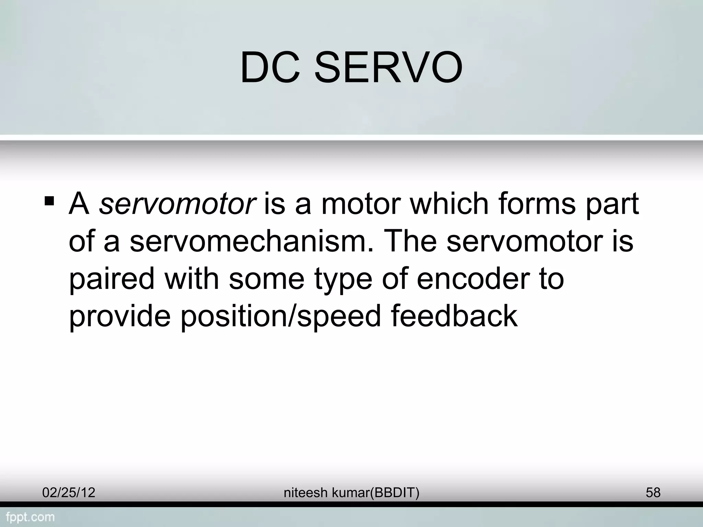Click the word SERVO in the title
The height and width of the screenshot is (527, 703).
(388, 68)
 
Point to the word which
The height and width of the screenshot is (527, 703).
(449, 204)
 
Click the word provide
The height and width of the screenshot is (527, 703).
(120, 316)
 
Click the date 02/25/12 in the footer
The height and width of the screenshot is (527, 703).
(69, 493)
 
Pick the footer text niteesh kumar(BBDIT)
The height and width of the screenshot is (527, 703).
(351, 493)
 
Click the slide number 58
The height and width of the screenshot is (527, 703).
(653, 493)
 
